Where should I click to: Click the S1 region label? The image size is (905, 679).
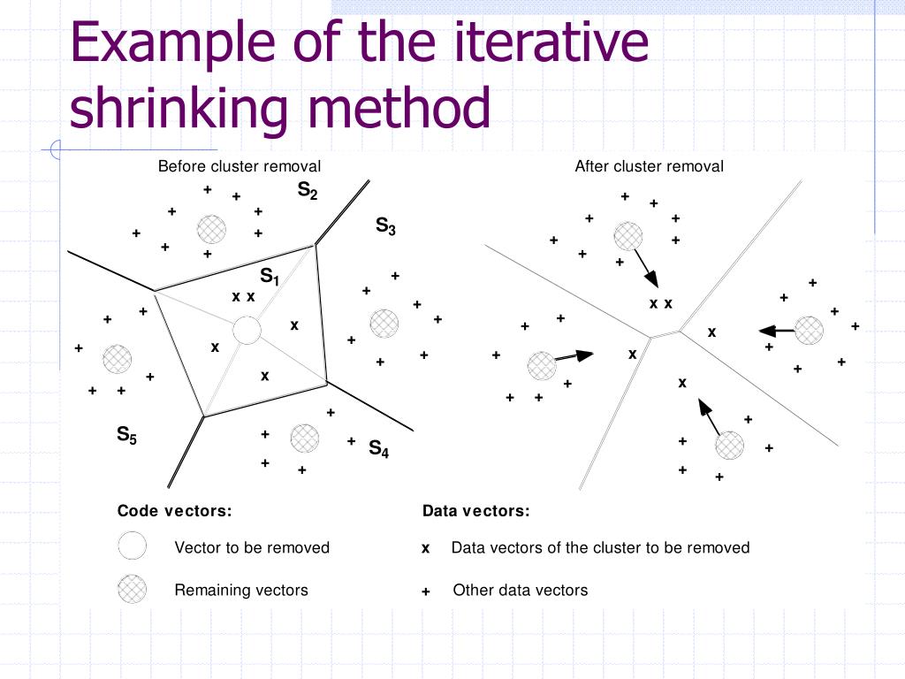point(270,276)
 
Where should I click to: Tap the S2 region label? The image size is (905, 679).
point(308,191)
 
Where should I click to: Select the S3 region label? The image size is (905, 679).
point(385,226)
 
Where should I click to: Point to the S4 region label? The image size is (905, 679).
point(378,448)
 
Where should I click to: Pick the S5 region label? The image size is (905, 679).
point(127,434)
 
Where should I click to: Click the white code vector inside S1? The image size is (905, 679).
point(247,332)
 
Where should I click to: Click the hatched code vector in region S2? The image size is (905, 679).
point(211,228)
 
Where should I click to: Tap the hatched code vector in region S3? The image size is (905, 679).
point(384,323)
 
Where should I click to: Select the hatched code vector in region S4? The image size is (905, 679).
point(304,438)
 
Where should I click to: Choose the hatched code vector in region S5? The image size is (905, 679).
point(117,358)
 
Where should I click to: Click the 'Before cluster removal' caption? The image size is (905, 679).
point(239,166)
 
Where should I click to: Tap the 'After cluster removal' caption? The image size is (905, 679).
point(649,166)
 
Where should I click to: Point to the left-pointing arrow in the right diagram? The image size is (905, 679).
point(776,331)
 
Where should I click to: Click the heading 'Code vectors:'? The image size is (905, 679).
point(174,510)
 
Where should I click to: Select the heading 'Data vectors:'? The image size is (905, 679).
point(475,510)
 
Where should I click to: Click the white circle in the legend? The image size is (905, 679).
point(132,546)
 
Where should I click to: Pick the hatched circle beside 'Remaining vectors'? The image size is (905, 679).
point(132,589)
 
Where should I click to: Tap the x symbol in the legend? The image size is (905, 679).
point(425,549)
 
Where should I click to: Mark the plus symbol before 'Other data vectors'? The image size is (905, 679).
point(425,591)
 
